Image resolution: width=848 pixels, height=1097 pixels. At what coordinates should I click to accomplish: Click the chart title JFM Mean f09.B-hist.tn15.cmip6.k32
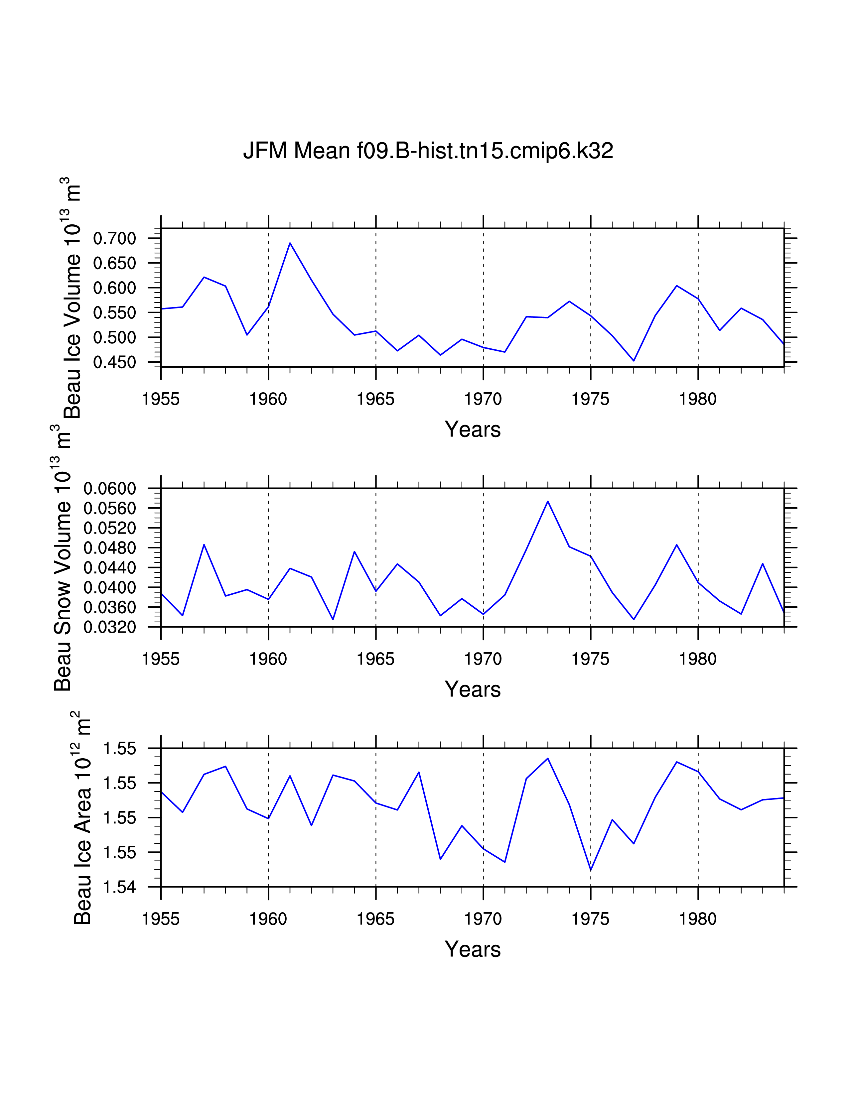(x=428, y=151)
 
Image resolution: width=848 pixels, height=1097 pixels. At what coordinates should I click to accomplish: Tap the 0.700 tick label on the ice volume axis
(x=114, y=239)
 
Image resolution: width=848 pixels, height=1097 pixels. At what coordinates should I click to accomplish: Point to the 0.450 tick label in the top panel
(x=114, y=363)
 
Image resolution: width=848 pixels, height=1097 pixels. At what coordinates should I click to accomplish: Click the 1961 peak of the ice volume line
(x=290, y=243)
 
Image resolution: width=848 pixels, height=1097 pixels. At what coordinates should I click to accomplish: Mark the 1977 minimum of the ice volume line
(x=634, y=361)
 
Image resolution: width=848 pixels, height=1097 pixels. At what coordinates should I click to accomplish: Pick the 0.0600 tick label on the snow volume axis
(x=109, y=488)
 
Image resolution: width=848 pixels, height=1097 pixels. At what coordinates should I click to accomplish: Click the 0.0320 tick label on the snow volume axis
(x=109, y=627)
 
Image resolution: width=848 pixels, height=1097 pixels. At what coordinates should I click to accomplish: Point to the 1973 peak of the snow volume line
(x=548, y=501)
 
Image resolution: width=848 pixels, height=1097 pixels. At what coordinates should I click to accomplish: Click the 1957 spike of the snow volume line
(x=204, y=545)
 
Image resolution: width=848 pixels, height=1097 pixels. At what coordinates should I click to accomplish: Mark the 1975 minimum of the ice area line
(x=591, y=871)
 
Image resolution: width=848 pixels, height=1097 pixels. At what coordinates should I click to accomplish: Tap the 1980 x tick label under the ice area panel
(x=698, y=919)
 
